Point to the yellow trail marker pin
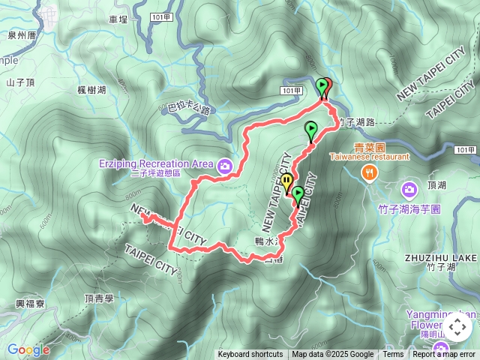coord(287,182)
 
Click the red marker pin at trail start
coord(326,87)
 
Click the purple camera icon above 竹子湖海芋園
coord(409,189)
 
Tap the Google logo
coord(28,349)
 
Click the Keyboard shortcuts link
coord(250,355)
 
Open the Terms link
coord(393,355)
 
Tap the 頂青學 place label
coord(98,298)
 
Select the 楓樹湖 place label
coord(91,90)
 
